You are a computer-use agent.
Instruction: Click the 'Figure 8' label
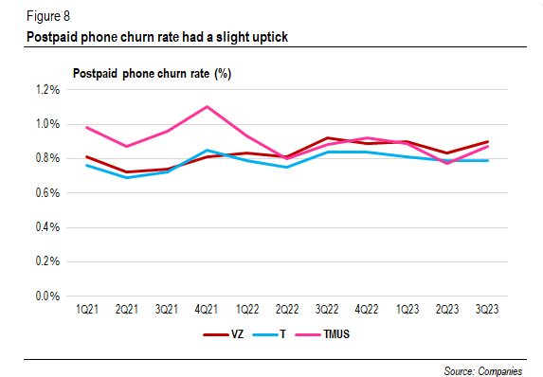[x=43, y=17]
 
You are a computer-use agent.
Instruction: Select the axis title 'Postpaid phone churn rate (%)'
[x=154, y=74]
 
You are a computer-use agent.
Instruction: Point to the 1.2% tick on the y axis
[x=47, y=90]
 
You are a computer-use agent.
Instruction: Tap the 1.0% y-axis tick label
[x=47, y=124]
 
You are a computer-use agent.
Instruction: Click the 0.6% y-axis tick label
[x=47, y=193]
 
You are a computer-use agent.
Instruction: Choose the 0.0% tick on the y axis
[x=47, y=296]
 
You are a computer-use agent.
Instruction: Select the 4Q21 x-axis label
[x=208, y=310]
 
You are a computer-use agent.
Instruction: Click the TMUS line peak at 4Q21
[x=208, y=106]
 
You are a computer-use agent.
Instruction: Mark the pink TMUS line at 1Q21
[x=85, y=127]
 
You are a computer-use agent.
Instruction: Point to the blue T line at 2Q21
[x=126, y=177]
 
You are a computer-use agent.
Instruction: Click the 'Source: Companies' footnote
[x=483, y=369]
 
